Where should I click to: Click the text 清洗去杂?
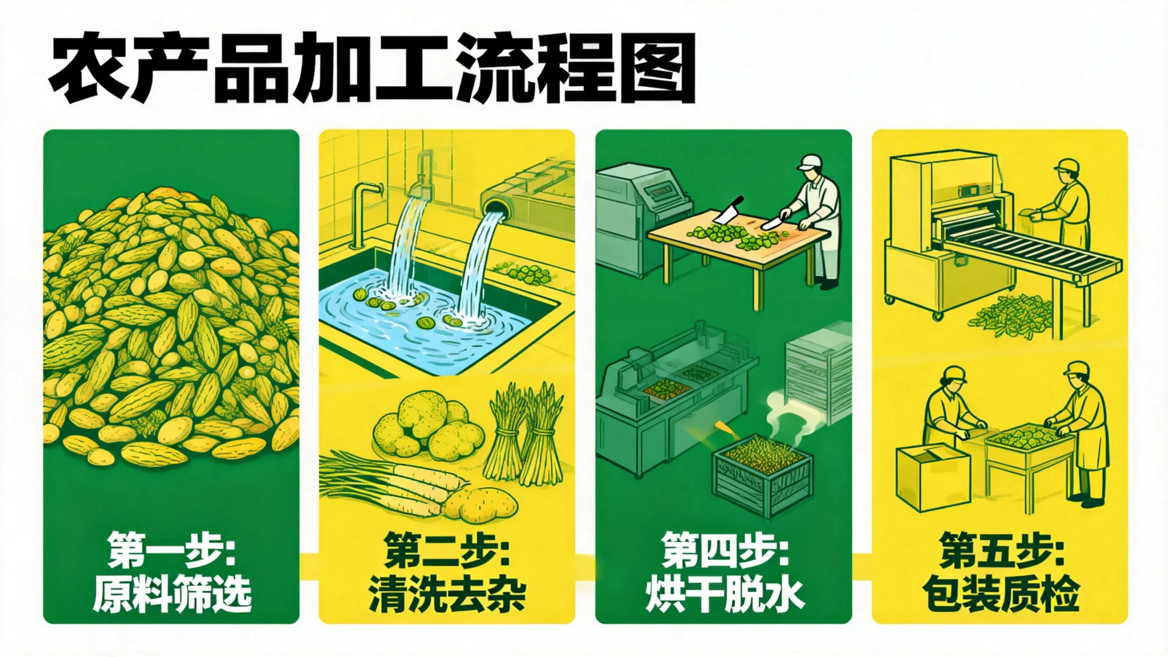click(447, 594)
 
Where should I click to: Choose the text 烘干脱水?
click(725, 594)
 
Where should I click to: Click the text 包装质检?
click(1001, 594)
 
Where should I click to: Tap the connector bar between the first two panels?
click(309, 567)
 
